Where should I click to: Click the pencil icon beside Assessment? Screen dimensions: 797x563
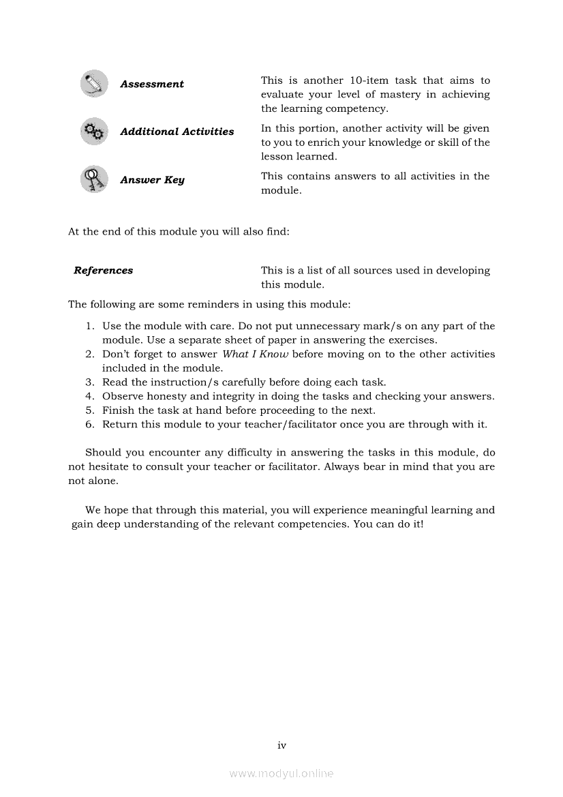93,84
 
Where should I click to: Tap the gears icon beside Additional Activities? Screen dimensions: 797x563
93,132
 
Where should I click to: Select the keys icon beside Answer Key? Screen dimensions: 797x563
93,179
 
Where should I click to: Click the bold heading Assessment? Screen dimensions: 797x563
152,85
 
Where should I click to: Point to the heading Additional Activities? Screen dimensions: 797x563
177,132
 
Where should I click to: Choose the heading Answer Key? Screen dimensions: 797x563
152,180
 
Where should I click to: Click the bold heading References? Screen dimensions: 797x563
104,271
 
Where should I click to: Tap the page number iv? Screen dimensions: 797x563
281,745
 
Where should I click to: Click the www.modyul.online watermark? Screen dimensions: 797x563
281,773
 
